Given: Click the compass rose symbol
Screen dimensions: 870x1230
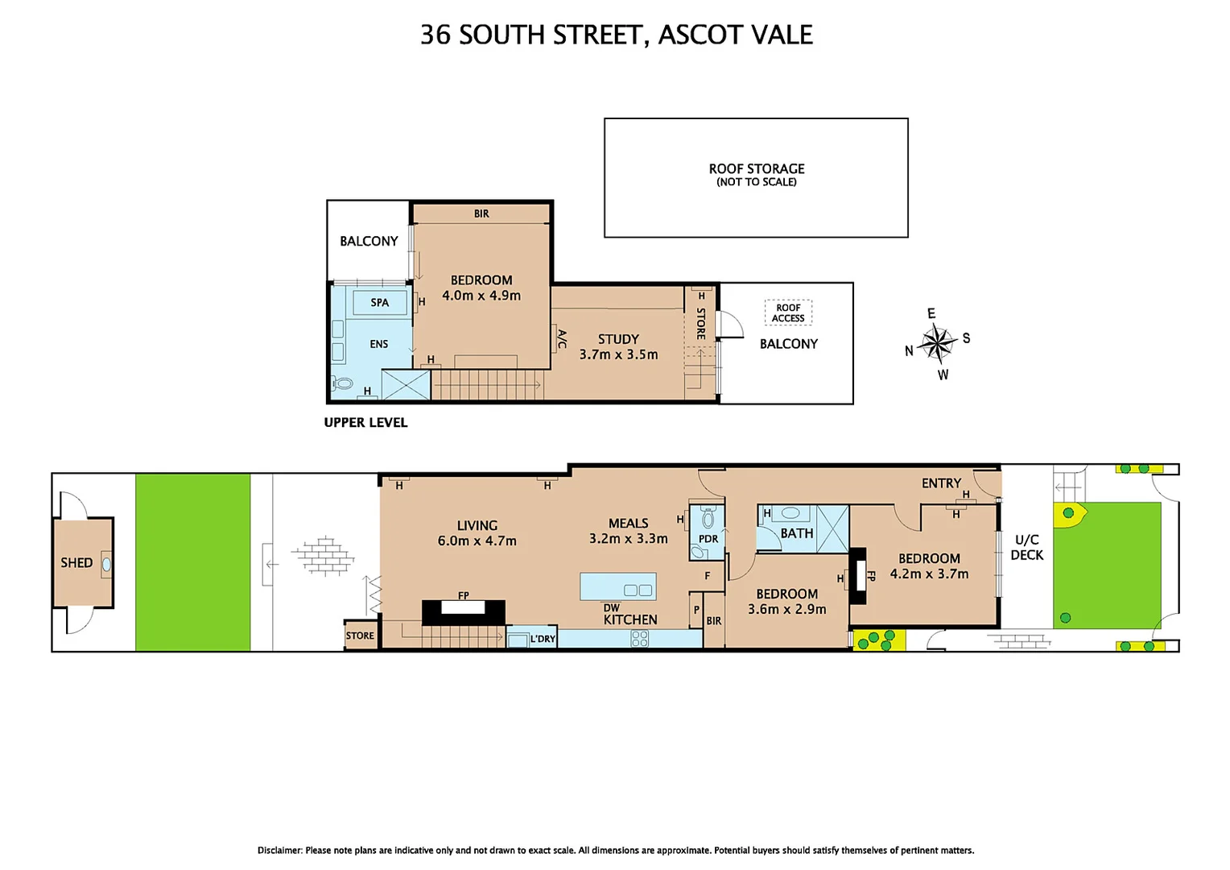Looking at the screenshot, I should point(937,344).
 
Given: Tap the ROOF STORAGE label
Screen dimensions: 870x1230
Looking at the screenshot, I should point(756,169).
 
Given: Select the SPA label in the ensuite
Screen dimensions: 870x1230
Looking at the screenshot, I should point(379,303).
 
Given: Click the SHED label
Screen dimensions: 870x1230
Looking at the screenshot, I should point(76,562).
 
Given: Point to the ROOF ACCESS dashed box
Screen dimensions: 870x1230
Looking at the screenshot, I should point(788,313).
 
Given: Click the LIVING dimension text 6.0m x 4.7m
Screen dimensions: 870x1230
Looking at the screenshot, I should point(477,541).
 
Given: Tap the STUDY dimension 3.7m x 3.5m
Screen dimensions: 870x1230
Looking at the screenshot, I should point(618,354).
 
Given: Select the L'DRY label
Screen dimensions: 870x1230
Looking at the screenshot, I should point(543,639).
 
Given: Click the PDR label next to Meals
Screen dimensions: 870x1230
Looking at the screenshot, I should point(708,539).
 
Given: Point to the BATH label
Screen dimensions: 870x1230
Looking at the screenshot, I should point(796,533).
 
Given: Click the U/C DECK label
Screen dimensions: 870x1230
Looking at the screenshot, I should point(1026,547).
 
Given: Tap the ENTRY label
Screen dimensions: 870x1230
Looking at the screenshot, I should point(941,483).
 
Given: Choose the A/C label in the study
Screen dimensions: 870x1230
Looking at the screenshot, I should point(562,339).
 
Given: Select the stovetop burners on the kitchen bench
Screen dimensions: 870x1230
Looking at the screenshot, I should point(640,639).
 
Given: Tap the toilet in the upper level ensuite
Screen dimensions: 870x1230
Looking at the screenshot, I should point(343,383).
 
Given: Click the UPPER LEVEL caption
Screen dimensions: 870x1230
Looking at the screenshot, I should point(365,422).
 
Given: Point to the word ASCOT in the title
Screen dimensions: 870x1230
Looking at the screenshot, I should point(696,35).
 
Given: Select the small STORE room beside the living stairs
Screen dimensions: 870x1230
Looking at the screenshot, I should point(360,635).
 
